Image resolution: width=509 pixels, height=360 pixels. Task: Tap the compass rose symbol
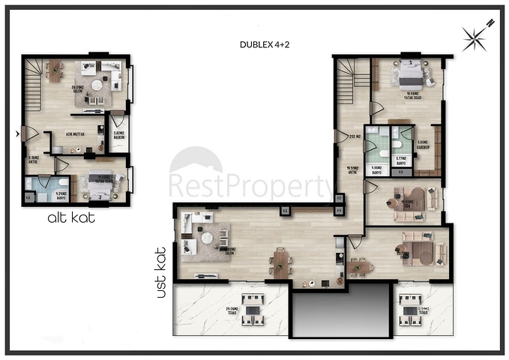coord(476,34)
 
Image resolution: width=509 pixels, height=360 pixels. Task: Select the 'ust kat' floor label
coord(160,273)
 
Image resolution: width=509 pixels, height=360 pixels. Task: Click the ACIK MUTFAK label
coord(75,134)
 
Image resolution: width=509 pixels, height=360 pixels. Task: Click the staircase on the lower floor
coord(34,76)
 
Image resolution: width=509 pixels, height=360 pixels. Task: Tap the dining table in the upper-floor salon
coord(281,262)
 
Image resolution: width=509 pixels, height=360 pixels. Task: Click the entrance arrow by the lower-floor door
coord(18,134)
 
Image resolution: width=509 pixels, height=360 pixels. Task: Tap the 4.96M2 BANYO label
coord(380,169)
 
